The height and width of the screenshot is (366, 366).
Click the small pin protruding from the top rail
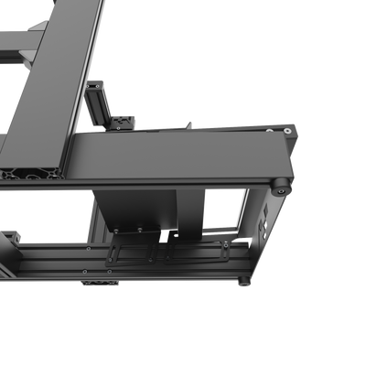(188, 122)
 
